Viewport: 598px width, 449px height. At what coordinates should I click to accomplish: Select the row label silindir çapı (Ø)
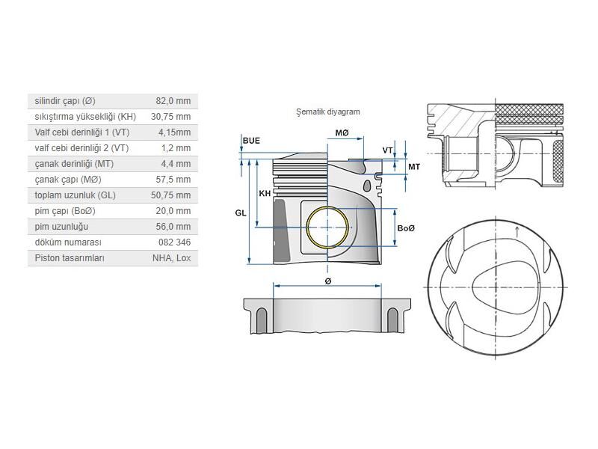coord(65,101)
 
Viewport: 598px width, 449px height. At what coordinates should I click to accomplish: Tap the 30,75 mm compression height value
coord(170,117)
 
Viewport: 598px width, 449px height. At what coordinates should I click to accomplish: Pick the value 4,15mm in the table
coord(173,132)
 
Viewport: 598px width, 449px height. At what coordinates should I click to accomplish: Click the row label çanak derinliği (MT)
coord(74,164)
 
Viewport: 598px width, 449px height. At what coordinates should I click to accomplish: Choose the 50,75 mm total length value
coord(170,195)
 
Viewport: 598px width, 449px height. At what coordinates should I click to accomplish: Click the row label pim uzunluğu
coord(62,227)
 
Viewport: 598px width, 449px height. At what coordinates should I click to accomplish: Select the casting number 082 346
coord(174,242)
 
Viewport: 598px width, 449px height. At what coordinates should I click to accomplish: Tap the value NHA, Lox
coord(171,258)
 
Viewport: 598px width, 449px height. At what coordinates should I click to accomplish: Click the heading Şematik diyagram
coord(328,112)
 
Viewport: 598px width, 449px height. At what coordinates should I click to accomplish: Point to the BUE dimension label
coord(251,141)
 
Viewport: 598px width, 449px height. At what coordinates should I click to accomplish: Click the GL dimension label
coord(240,213)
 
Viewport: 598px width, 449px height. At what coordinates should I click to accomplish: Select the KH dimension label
coord(264,194)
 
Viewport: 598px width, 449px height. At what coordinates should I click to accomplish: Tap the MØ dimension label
coord(342,133)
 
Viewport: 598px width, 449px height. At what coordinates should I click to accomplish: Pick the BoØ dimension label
coord(406,227)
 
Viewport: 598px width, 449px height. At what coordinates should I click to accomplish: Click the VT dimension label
coord(387,150)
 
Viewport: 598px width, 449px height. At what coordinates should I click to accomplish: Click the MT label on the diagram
coord(413,166)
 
